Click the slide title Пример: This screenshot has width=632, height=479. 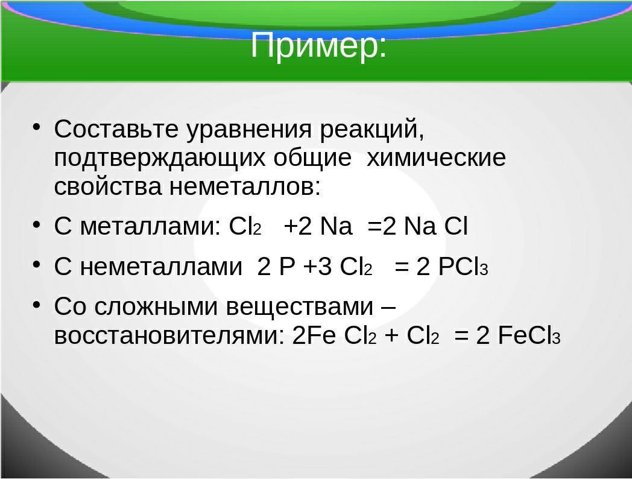point(318,46)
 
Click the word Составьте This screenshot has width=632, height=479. point(116,129)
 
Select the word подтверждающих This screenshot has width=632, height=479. point(160,159)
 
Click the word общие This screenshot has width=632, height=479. point(312,159)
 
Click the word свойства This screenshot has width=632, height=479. point(107,186)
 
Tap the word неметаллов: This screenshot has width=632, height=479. point(245,186)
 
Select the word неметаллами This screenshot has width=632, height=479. point(161,267)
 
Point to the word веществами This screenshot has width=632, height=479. point(300,306)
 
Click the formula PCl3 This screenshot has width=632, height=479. point(463,267)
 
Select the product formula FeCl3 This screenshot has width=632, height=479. point(529,335)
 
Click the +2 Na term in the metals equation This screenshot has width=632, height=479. point(318,226)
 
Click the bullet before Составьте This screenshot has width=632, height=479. point(37,127)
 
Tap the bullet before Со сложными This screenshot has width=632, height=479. point(37,305)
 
